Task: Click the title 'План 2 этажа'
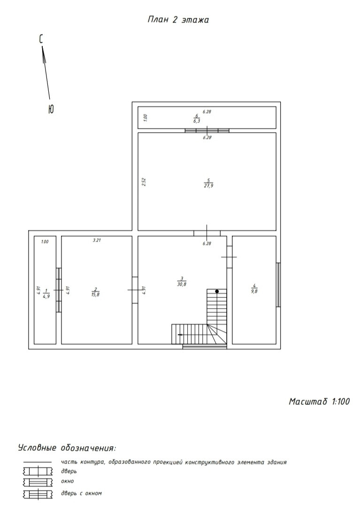[x=178, y=20]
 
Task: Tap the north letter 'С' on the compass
[x=41, y=39]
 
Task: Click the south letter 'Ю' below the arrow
[x=51, y=109]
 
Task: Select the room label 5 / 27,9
[x=208, y=183]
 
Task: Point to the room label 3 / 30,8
[x=182, y=281]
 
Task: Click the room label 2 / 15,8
[x=95, y=292]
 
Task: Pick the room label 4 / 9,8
[x=254, y=289]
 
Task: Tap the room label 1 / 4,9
[x=46, y=293]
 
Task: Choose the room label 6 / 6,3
[x=197, y=118]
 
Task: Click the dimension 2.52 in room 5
[x=144, y=182]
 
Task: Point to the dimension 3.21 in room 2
[x=97, y=240]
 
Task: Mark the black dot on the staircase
[x=217, y=291]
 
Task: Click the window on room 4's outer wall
[x=278, y=285]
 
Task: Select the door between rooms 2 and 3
[x=135, y=290]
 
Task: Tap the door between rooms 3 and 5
[x=207, y=233]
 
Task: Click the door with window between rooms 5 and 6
[x=207, y=130]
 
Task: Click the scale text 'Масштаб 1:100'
[x=319, y=401]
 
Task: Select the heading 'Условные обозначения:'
[x=67, y=448]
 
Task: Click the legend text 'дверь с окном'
[x=81, y=494]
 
